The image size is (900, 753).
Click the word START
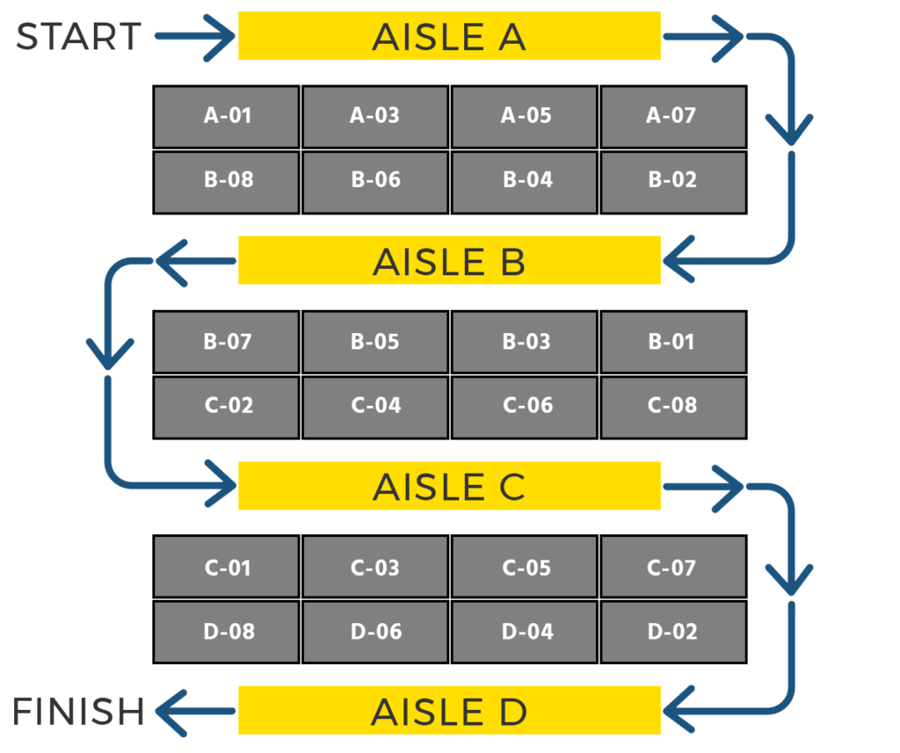click(79, 37)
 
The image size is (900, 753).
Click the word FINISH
click(78, 711)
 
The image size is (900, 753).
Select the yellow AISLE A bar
click(449, 36)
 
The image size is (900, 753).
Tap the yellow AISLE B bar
click(449, 261)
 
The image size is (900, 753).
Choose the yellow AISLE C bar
click(449, 486)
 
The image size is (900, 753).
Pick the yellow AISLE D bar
click(449, 711)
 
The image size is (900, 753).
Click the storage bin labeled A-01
click(227, 116)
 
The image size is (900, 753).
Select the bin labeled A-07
click(672, 116)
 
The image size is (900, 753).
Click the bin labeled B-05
click(375, 342)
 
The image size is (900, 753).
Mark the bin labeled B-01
click(672, 342)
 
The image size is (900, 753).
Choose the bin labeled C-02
click(227, 406)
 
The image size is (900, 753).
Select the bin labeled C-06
click(526, 406)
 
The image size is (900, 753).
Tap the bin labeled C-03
click(375, 568)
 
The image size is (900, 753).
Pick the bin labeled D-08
click(227, 632)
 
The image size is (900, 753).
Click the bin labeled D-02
click(672, 632)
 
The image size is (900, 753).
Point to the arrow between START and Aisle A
click(195, 36)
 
